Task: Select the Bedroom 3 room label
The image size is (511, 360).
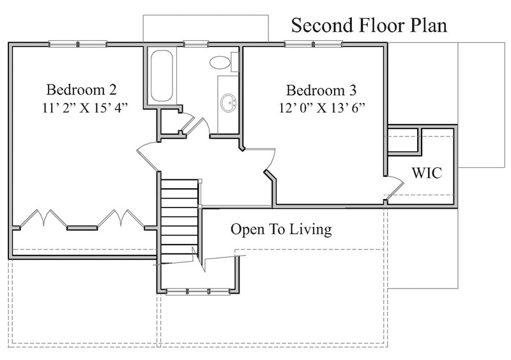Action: [x=321, y=89]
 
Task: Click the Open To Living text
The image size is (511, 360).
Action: [x=281, y=229]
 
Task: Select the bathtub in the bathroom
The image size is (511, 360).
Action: [x=161, y=76]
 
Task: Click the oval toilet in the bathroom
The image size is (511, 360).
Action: [x=220, y=63]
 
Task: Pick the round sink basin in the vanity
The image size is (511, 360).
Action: [x=228, y=100]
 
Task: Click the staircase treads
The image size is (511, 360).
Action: [x=179, y=217]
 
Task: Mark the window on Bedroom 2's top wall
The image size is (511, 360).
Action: [x=77, y=44]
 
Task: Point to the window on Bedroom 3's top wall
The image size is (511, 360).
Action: [x=313, y=44]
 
